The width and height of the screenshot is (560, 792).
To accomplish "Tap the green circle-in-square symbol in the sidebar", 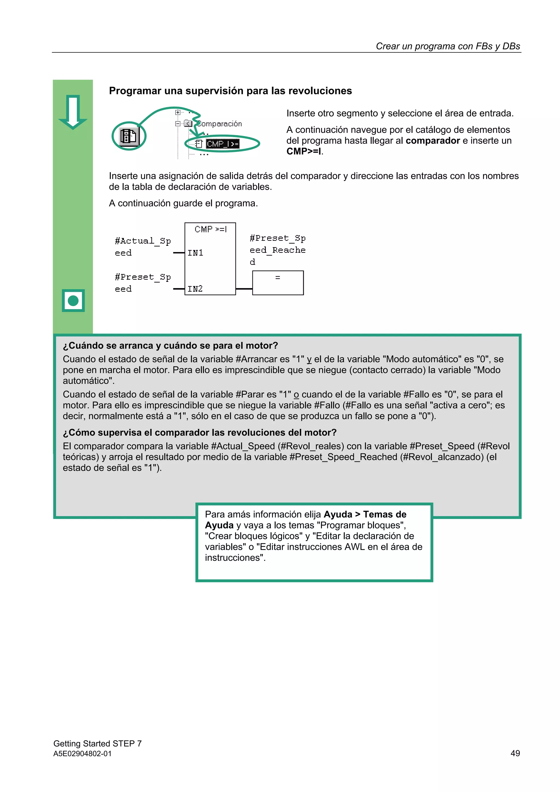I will click(73, 300).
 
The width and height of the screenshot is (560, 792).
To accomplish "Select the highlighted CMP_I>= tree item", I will click(222, 144).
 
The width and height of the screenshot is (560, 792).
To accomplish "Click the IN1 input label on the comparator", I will click(195, 253).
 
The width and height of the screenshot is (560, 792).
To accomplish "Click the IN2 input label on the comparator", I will click(195, 289).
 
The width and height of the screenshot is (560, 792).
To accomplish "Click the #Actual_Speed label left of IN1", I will click(142, 247).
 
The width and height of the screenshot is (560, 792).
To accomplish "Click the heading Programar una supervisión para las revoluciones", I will click(230, 91).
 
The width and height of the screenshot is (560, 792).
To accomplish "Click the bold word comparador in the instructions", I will click(432, 141).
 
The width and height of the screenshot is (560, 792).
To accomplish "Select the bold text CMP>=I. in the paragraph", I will click(305, 151).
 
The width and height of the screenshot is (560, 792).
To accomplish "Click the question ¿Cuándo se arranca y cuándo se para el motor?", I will click(170, 345).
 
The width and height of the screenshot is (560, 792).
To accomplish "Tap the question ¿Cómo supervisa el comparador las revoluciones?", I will click(199, 432).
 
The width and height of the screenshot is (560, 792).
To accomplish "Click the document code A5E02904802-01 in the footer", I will click(83, 754).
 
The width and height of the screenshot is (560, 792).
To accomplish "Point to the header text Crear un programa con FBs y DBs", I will click(448, 46).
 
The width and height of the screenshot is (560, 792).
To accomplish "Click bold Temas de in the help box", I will click(385, 514).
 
